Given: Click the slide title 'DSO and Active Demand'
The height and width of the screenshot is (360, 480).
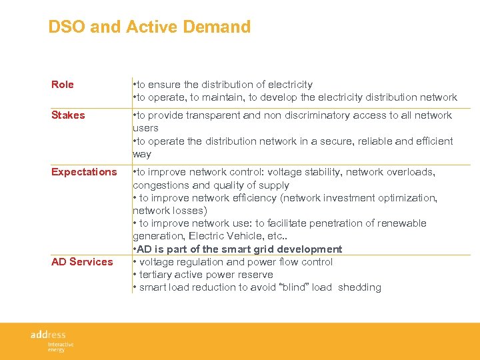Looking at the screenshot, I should [x=149, y=27].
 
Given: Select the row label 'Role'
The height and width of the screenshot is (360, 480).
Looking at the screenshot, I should [x=63, y=85].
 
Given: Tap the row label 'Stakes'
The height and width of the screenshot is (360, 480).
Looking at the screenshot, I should [x=68, y=115].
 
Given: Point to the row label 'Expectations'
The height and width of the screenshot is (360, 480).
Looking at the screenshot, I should [x=84, y=172].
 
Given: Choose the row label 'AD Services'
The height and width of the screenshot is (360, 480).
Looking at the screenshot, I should [x=82, y=262].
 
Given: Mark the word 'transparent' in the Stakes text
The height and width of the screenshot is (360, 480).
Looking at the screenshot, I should [x=215, y=115].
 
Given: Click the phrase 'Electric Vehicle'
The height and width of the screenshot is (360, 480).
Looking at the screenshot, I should [x=226, y=236].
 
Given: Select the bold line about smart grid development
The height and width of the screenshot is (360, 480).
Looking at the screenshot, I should [x=238, y=249].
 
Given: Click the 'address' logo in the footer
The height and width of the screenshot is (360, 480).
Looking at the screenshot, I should [x=49, y=335].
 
